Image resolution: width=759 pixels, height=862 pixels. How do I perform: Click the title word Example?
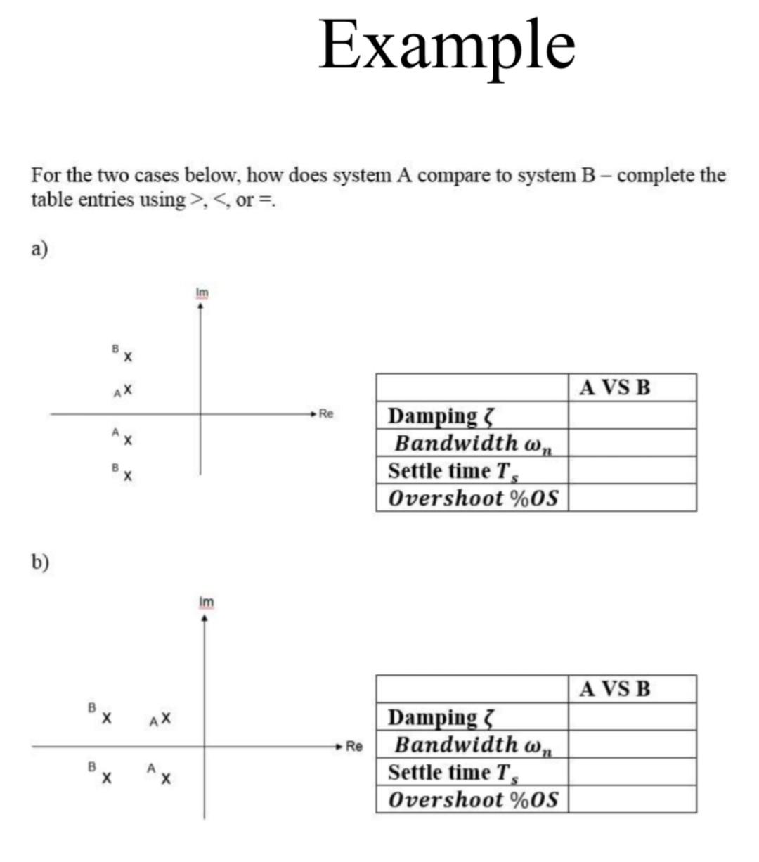click(447, 46)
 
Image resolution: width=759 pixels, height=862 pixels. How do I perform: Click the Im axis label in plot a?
click(202, 292)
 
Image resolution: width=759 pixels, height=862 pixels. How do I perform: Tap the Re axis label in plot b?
click(355, 746)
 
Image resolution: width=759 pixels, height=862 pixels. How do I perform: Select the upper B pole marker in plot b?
click(105, 718)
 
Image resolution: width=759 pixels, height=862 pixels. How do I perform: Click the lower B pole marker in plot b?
click(105, 778)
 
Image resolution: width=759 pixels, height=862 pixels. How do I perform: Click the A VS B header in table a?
click(615, 387)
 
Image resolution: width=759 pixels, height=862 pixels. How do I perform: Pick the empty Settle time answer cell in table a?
click(632, 470)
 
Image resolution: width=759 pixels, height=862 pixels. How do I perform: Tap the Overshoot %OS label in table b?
click(473, 799)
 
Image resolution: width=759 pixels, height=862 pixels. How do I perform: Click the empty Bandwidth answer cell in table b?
click(632, 744)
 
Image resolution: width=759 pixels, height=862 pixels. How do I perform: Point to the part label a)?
click(39, 249)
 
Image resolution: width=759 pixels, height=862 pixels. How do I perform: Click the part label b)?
click(40, 561)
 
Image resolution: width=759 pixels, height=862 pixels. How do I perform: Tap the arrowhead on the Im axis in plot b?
click(205, 619)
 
